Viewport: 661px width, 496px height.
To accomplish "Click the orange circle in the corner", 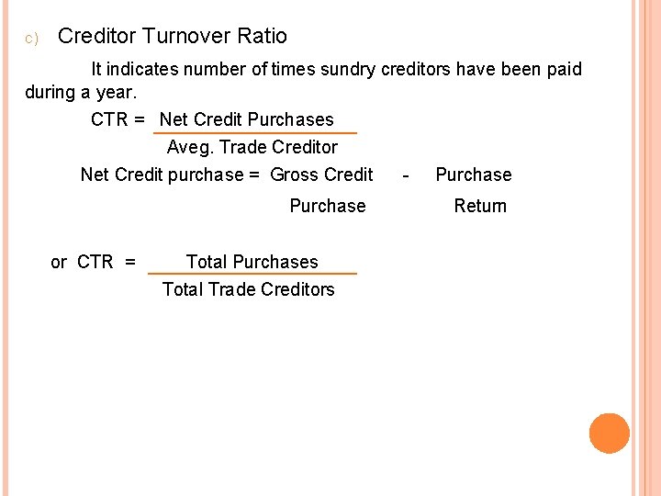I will point(610,434).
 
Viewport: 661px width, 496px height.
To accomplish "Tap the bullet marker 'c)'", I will point(30,39).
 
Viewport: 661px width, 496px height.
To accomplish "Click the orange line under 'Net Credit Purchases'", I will point(254,133).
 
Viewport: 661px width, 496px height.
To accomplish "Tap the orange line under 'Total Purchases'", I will point(252,274).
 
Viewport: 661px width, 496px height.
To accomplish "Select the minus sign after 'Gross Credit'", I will point(406,175).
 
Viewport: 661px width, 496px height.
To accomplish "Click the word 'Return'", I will point(480,207).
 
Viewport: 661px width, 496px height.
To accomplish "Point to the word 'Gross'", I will point(294,175).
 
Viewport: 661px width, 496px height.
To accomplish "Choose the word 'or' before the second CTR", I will point(59,263).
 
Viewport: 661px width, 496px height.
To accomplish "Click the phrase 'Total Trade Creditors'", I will point(248,290).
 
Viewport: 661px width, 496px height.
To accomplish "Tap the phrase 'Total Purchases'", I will point(252,262).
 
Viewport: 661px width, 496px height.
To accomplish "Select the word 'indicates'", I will point(144,70).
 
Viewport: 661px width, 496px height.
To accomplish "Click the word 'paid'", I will point(563,70).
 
